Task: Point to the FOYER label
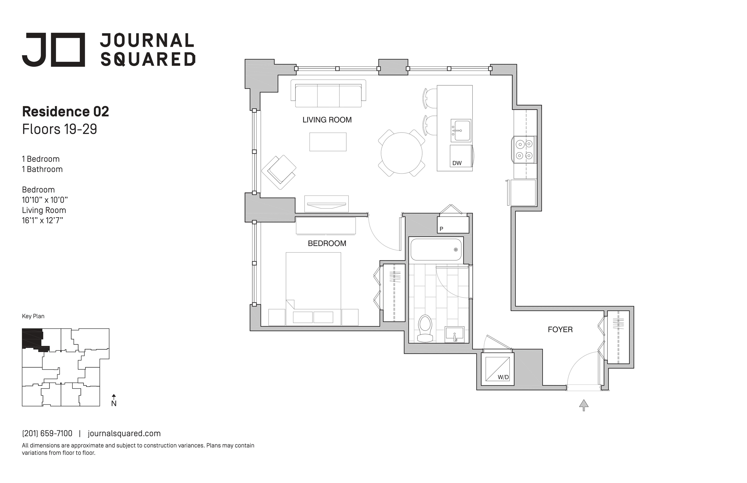coord(560,330)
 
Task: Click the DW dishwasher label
coord(457,163)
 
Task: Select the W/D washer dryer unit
coord(498,369)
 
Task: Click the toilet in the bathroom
coord(425,328)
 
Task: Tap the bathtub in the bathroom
coord(436,250)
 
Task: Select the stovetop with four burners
coord(524,150)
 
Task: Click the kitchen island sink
coord(461,130)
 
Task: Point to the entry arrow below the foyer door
coord(584,405)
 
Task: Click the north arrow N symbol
coord(114,401)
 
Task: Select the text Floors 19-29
coord(60,129)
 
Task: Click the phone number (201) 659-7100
coord(47,433)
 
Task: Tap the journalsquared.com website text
coord(124,433)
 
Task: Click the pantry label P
coord(441,229)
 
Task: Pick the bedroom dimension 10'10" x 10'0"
coord(45,200)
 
